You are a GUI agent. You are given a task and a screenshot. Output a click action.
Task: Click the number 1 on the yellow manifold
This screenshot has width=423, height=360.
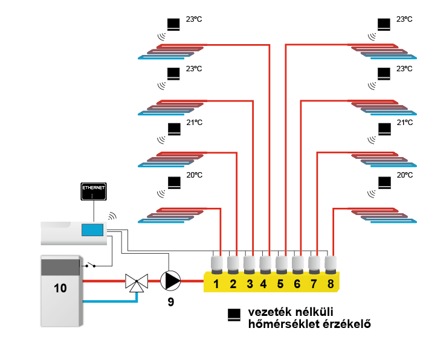coord(216,283)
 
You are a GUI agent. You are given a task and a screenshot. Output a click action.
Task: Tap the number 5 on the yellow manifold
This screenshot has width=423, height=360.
coord(280,283)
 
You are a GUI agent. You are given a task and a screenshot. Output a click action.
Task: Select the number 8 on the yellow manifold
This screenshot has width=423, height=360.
coord(330,283)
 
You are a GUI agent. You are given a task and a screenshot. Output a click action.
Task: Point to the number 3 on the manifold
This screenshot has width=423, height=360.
coord(250,283)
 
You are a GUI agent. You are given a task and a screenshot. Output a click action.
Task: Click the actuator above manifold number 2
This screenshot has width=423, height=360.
coord(233,264)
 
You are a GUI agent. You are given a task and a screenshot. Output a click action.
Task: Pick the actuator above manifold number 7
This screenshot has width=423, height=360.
coord(314,264)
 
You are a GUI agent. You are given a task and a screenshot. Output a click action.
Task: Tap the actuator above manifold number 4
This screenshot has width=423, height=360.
coord(265,264)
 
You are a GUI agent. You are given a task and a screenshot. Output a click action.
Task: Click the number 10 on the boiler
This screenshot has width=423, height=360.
coord(60,288)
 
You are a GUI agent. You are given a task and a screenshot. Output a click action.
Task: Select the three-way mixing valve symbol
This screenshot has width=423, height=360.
coord(137,281)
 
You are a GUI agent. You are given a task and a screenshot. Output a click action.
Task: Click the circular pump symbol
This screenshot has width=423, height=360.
coord(170,281)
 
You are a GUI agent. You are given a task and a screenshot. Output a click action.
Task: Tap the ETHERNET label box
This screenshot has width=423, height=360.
coord(94,191)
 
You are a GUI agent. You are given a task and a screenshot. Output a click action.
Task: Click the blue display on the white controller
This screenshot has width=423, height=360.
coord(92,230)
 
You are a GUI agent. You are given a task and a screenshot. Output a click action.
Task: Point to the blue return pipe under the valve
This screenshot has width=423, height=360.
coord(109,301)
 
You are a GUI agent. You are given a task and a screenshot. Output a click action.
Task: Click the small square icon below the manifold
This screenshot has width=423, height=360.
coord(234,314)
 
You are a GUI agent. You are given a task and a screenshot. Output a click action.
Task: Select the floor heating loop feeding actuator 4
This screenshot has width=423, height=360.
coord(172,51)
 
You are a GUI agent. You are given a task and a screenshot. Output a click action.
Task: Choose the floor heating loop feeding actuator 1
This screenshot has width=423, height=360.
coord(172,215)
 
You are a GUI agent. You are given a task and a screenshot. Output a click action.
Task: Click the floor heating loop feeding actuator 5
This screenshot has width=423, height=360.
coord(383,51)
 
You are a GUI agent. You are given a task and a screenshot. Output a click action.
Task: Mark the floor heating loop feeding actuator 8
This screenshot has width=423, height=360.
coord(383,215)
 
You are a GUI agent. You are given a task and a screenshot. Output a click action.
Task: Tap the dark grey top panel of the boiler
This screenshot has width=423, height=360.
coord(60,267)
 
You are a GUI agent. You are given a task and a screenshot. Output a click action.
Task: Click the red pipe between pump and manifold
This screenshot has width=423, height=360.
coord(192,281)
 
